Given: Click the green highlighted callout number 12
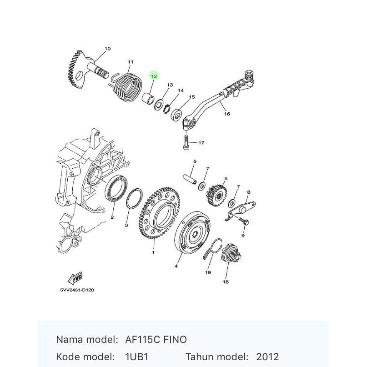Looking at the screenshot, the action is pos(154,76).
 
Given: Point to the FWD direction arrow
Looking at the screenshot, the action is pos(75,278).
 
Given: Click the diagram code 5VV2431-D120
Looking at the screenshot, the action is pos(77,290).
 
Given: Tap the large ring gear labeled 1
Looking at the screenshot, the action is pos(159,212).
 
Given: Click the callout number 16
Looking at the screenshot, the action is pos(227,114).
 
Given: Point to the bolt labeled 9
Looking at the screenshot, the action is pos(244,221).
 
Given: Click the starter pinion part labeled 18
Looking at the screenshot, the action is pos(231,253).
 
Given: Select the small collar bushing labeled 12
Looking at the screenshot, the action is pos(148,98).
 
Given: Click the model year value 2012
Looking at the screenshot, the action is pos(267,357).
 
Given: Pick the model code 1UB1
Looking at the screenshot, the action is pos(137,357).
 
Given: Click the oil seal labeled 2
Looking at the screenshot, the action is pos(116,188).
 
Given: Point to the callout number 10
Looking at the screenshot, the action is pos(107,49).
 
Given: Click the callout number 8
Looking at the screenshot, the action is pos(249,192).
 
